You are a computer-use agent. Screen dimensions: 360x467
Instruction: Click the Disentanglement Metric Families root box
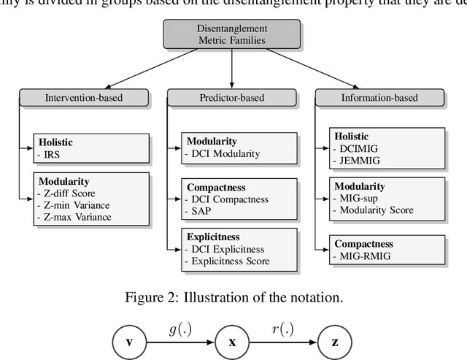click(x=232, y=34)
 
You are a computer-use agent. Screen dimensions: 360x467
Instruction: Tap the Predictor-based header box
click(x=232, y=96)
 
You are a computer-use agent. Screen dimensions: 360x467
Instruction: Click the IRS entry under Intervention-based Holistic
click(x=51, y=155)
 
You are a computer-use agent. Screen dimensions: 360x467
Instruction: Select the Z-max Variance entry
click(x=74, y=216)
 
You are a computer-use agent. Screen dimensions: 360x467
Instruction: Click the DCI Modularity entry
click(x=224, y=154)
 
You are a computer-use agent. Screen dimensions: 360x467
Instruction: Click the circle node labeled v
click(x=130, y=341)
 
